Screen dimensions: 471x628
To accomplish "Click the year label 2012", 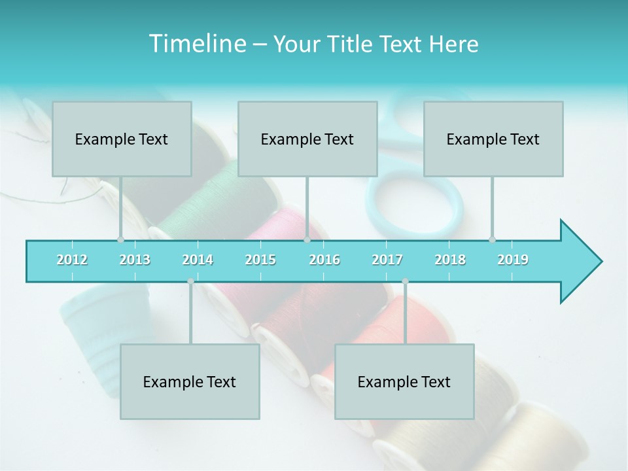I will point(72,260).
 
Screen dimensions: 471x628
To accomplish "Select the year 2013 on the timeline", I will point(135,260).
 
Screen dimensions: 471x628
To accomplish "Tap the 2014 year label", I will point(198,260).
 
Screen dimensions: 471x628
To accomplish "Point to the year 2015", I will point(260,260).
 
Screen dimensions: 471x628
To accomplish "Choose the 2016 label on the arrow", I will point(324,260).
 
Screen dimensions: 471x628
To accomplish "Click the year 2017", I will point(387,260).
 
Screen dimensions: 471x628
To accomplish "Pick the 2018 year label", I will point(450,260).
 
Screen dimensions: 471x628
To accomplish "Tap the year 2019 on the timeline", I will point(513,260).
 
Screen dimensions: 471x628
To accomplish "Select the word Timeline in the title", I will point(196,44).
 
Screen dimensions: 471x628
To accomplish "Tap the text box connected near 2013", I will point(122,139).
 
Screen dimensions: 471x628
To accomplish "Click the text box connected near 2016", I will point(307,139).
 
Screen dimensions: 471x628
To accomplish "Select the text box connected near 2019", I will point(493,139).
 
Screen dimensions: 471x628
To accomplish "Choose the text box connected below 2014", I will point(190,381).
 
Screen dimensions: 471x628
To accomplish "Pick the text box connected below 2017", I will point(404,381).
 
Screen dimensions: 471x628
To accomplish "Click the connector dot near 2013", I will point(120,239).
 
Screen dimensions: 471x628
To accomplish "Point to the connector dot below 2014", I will point(190,281).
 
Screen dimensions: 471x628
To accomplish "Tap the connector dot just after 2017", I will point(405,281).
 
